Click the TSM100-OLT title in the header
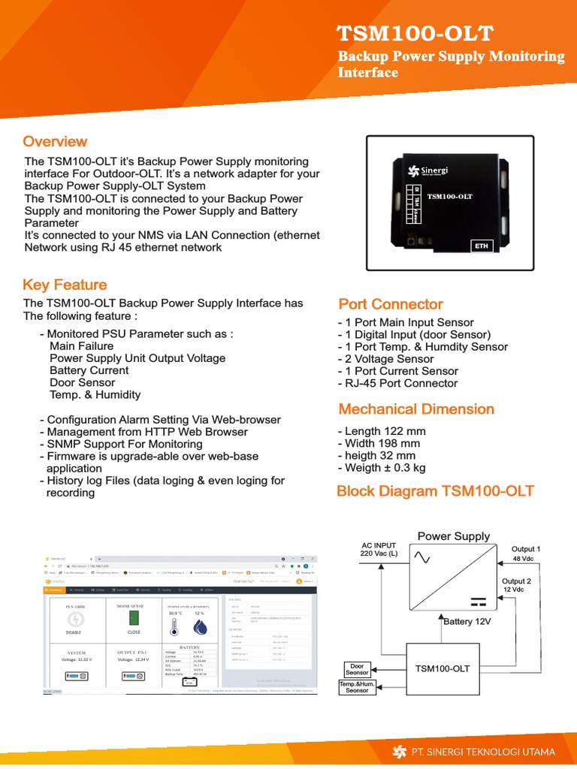(415, 34)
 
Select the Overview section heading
(55, 142)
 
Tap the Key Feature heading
(65, 285)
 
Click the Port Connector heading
(391, 304)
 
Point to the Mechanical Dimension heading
(416, 409)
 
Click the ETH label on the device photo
(481, 246)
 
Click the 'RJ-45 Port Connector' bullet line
(397, 383)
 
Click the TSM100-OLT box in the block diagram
(443, 668)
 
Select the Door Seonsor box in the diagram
(357, 668)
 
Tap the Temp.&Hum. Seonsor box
(357, 687)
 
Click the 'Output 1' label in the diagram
(526, 549)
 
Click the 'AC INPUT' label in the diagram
(379, 545)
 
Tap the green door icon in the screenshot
(134, 617)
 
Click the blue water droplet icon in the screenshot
(200, 626)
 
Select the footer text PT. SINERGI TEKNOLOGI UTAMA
(483, 752)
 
